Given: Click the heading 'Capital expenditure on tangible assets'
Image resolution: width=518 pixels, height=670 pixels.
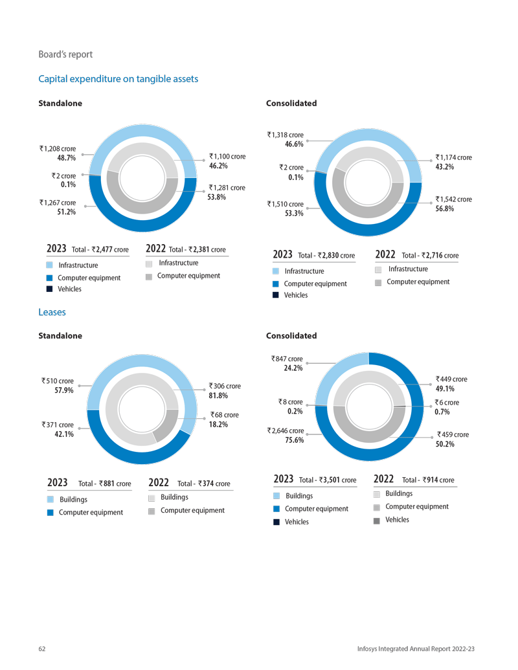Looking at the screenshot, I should pos(118,79).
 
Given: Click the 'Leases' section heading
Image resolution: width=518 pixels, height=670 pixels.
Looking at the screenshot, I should pos(52,312).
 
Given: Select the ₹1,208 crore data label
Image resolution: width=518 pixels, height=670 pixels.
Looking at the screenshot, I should pos(58,148).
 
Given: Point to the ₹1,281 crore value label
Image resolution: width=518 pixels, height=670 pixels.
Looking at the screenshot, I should pos(227,188).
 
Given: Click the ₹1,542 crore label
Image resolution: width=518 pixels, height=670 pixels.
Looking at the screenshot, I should pos(454,199).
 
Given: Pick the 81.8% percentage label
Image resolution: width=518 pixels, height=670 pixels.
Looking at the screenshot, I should pos(218,395).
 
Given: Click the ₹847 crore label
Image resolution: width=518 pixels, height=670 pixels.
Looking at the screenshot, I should pos(287,359).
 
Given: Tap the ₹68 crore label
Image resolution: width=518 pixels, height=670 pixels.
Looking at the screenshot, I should pos(224,415).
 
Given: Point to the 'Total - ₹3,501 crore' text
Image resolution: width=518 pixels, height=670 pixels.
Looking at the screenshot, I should pos(328,480).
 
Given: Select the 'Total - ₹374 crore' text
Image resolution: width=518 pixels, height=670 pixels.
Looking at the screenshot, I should pos(203,484).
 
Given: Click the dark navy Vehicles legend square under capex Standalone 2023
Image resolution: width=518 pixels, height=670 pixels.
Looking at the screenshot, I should pos(50,289).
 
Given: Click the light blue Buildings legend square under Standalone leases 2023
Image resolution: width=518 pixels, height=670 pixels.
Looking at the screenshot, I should pos(51,500).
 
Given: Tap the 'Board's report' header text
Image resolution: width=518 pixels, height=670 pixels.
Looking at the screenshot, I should pos(65,54).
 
